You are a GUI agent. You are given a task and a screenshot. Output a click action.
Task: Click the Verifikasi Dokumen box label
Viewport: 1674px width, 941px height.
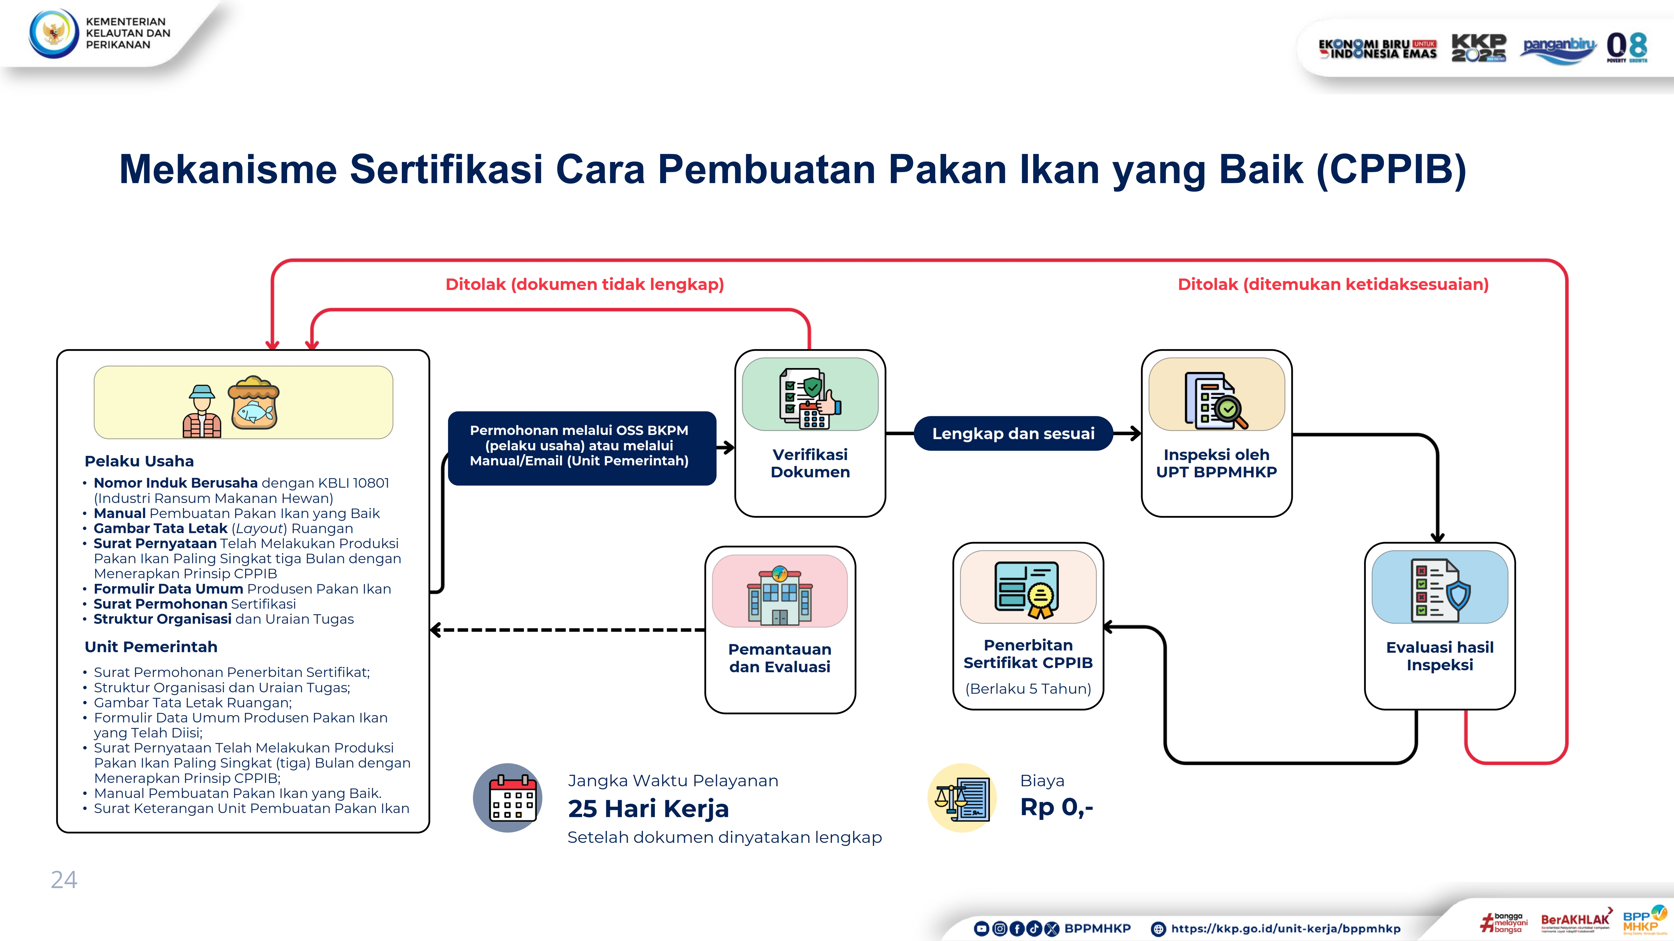point(810,463)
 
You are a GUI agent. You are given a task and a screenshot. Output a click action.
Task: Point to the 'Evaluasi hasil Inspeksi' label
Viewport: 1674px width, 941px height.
point(1439,656)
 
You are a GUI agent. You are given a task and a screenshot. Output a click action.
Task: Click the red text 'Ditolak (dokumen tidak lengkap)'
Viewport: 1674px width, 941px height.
point(584,284)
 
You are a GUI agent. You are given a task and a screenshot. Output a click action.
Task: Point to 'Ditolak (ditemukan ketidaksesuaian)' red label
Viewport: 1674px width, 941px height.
point(1333,284)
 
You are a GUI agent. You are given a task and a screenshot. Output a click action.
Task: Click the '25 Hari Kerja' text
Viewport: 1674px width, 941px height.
point(648,809)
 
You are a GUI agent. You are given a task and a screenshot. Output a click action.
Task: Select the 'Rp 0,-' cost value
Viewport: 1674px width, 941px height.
point(1056,807)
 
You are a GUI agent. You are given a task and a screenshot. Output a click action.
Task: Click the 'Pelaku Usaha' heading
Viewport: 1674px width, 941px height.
point(139,461)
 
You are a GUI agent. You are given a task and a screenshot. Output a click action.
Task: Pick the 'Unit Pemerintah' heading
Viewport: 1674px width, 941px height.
point(151,647)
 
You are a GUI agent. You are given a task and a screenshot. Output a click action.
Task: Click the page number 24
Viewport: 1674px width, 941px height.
point(64,880)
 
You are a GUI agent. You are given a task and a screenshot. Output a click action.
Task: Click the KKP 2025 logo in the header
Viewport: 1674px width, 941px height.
point(1478,47)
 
